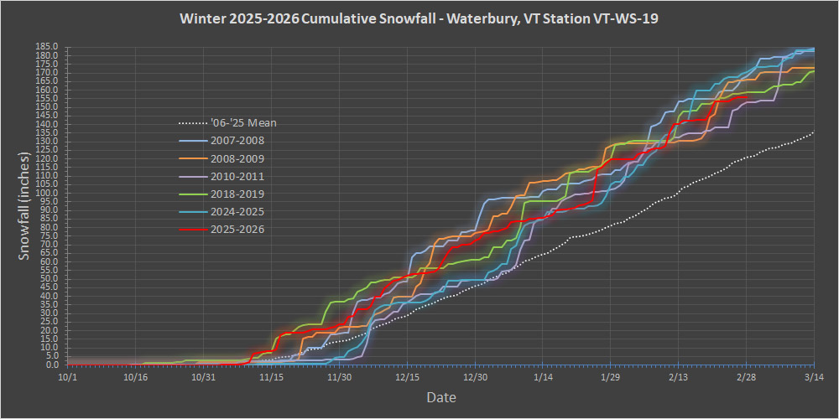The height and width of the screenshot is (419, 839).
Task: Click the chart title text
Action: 419,18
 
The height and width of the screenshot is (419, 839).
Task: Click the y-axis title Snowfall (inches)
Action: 25,206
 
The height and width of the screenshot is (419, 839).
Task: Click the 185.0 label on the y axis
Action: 48,47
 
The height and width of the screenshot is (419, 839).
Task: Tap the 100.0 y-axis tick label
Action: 48,193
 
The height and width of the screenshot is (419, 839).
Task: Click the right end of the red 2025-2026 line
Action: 748,97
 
